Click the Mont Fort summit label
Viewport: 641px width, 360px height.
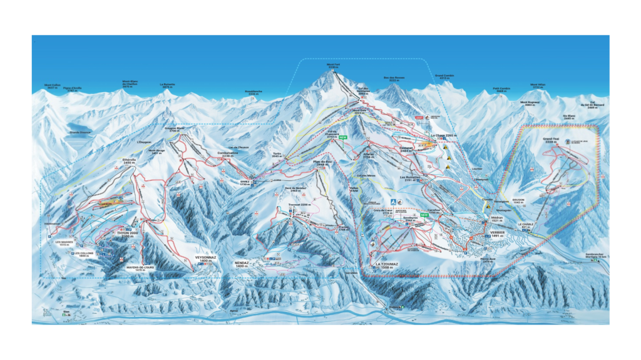333,65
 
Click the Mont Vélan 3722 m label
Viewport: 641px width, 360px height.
538,86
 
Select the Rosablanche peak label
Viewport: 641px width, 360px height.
254,92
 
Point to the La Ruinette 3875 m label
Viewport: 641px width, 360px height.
167,86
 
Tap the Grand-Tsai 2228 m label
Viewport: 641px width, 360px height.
551,141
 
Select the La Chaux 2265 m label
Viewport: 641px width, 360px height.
443,136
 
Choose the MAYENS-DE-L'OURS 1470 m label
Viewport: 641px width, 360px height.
140,268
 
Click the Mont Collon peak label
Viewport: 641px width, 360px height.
53,86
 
